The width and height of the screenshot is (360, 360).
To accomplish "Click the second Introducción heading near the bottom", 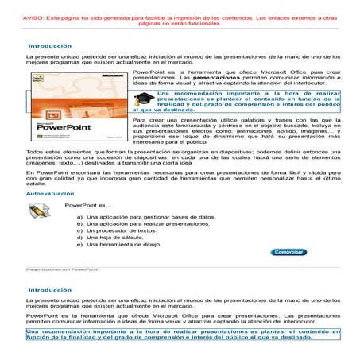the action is pos(49,291).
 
